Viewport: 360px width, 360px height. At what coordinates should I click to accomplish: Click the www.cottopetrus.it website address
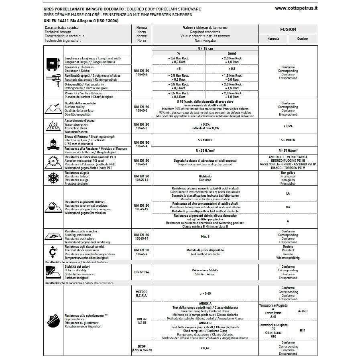pyautogui.click(x=296, y=8)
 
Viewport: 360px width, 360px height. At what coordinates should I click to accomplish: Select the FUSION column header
pyautogui.click(x=288, y=29)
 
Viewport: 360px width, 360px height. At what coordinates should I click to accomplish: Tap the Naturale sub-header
pyautogui.click(x=273, y=39)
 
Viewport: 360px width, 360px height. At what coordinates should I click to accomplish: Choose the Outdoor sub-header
pyautogui.click(x=303, y=39)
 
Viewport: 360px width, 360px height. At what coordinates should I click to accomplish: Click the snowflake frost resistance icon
pyautogui.click(x=53, y=178)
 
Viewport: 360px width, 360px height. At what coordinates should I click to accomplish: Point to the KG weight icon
pyautogui.click(x=53, y=142)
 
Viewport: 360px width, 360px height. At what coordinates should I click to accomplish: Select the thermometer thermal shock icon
pyautogui.click(x=53, y=252)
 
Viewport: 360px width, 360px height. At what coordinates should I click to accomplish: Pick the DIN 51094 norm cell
pyautogui.click(x=141, y=272)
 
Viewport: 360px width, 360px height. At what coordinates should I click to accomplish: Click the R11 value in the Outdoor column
pyautogui.click(x=303, y=330)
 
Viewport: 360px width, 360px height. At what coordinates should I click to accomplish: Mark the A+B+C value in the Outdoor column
pyautogui.click(x=303, y=311)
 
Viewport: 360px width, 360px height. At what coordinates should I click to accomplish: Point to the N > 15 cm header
pyautogui.click(x=205, y=48)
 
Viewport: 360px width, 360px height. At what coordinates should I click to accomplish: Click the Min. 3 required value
pyautogui.click(x=205, y=237)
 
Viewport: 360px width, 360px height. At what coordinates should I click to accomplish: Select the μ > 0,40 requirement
pyautogui.click(x=205, y=293)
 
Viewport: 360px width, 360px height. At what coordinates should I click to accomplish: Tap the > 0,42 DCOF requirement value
pyautogui.click(x=205, y=348)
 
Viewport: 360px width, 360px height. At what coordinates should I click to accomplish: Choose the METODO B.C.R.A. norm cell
pyautogui.click(x=141, y=293)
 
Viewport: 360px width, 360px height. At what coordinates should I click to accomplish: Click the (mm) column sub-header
pyautogui.click(x=232, y=53)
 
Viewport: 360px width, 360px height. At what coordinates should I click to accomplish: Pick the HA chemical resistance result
pyautogui.click(x=288, y=207)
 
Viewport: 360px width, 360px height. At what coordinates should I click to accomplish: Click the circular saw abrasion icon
pyautogui.click(x=53, y=162)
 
